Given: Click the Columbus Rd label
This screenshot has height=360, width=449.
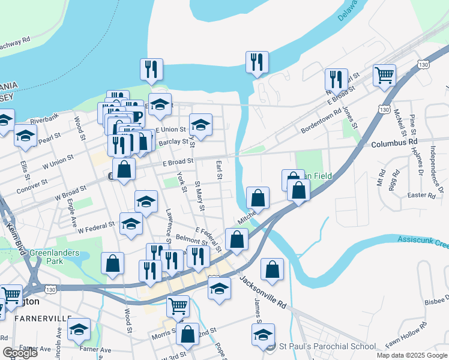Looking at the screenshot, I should click(x=394, y=144).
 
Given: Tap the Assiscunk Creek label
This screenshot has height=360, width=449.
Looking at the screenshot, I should click(x=423, y=242).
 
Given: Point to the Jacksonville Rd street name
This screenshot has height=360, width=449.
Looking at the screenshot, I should click(x=264, y=293).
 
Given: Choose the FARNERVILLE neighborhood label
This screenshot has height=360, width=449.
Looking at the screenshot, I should click(x=35, y=318).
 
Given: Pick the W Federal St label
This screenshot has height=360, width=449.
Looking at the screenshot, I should click(x=96, y=227).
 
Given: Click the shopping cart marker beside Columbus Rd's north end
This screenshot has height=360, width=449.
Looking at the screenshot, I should click(x=384, y=76).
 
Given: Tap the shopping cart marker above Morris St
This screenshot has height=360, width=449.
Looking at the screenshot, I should click(x=178, y=306).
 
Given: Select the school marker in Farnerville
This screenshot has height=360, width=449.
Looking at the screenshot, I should click(x=79, y=331).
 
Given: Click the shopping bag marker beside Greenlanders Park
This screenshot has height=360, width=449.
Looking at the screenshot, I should click(x=112, y=263).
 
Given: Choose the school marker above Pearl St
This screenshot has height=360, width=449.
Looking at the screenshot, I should click(x=25, y=136).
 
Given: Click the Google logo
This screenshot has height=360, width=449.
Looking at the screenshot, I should click(x=20, y=353).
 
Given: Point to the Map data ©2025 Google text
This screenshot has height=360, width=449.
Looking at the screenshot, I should click(x=411, y=355).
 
